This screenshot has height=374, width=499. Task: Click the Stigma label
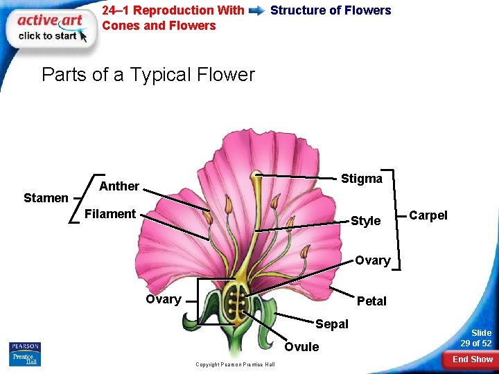pyautogui.click(x=361, y=179)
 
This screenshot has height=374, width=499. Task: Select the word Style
pyautogui.click(x=365, y=221)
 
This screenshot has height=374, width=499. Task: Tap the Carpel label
pyautogui.click(x=428, y=215)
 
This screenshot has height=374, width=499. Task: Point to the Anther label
pyautogui.click(x=119, y=186)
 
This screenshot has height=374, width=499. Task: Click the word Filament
pyautogui.click(x=110, y=214)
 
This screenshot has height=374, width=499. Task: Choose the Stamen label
pyautogui.click(x=46, y=198)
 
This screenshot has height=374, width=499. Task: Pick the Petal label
pyautogui.click(x=371, y=301)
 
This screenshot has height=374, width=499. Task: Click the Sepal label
pyautogui.click(x=332, y=324)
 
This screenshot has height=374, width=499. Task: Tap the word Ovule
pyautogui.click(x=302, y=347)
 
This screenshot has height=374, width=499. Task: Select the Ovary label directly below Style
pyautogui.click(x=372, y=261)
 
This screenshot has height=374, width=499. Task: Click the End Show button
pyautogui.click(x=472, y=359)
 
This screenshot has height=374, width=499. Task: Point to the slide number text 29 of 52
pyautogui.click(x=476, y=344)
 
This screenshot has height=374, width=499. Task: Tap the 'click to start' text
pyautogui.click(x=47, y=36)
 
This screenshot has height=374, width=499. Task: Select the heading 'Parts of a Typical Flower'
pyautogui.click(x=148, y=75)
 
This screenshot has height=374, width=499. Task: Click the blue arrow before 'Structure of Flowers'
pyautogui.click(x=256, y=11)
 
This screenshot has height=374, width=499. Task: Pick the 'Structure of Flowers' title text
pyautogui.click(x=331, y=10)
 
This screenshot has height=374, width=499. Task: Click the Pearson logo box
pyautogui.click(x=25, y=354)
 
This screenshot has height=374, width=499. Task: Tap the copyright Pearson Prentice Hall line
pyautogui.click(x=235, y=364)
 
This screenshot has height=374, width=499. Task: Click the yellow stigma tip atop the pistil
pyautogui.click(x=256, y=175)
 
